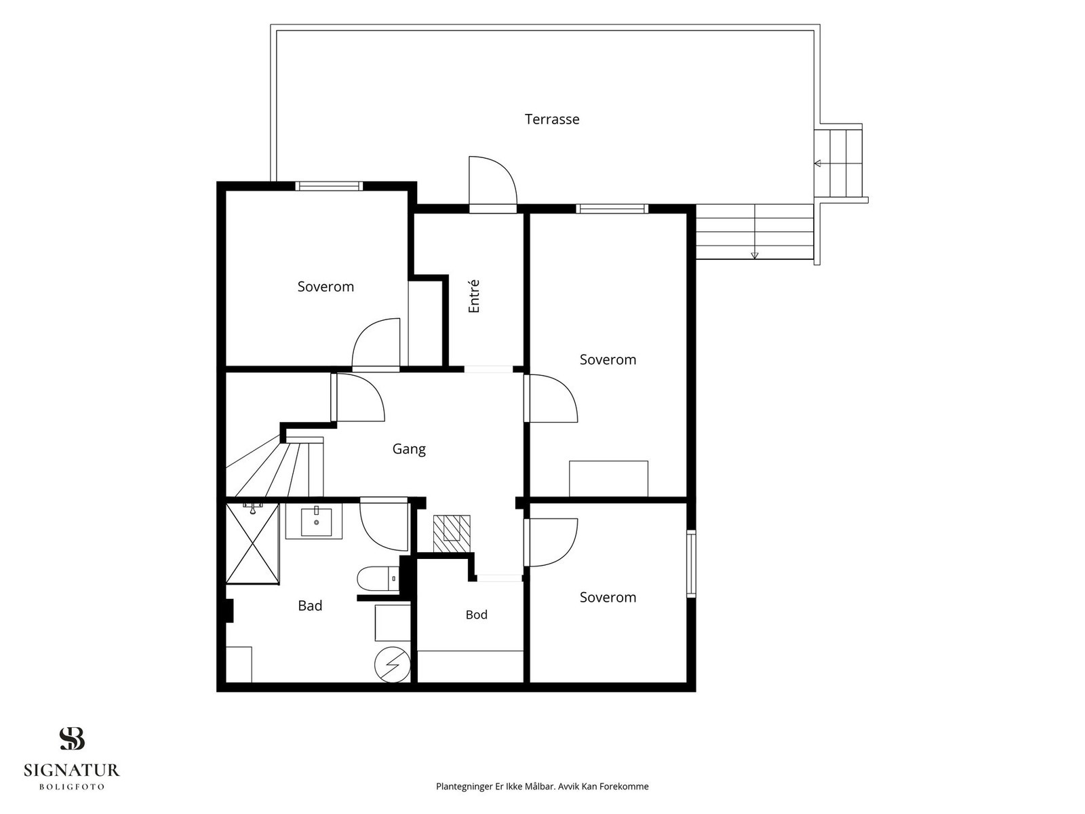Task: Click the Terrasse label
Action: [551, 119]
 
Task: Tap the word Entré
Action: [473, 296]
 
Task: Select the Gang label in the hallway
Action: [409, 449]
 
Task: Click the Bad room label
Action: [310, 606]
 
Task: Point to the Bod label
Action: [477, 615]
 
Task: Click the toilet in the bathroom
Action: [378, 579]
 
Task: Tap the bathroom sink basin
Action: [317, 522]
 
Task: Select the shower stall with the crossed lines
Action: [252, 543]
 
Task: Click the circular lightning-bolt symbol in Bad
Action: [393, 665]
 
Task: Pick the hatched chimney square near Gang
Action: [452, 534]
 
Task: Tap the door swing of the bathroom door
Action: [384, 526]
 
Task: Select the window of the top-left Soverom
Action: [329, 187]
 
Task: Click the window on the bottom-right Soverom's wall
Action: [691, 564]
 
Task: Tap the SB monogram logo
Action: [72, 739]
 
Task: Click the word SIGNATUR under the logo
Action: [72, 770]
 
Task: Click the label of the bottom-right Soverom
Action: [608, 597]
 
